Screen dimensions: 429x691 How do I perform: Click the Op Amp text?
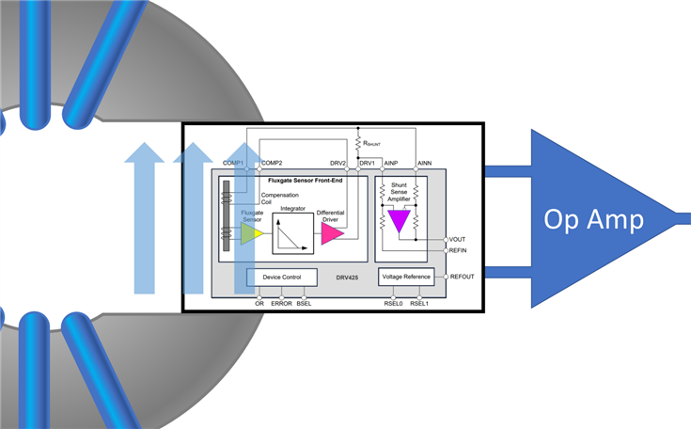click(x=593, y=220)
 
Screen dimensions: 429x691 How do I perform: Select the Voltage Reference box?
click(x=406, y=277)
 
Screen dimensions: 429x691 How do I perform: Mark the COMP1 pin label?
click(x=233, y=163)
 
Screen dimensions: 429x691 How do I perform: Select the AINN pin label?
click(x=424, y=163)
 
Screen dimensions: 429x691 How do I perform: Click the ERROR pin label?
click(x=281, y=304)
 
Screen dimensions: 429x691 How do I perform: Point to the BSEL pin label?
click(x=304, y=304)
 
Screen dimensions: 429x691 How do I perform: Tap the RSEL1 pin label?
click(x=419, y=304)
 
